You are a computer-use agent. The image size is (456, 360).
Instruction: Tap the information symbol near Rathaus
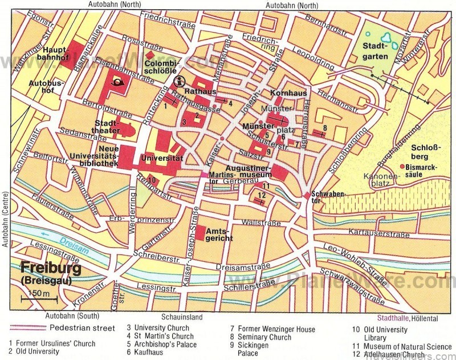point(180,80)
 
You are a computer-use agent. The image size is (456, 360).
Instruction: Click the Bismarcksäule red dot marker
point(402,166)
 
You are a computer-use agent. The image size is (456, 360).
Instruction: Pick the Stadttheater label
point(107,127)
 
